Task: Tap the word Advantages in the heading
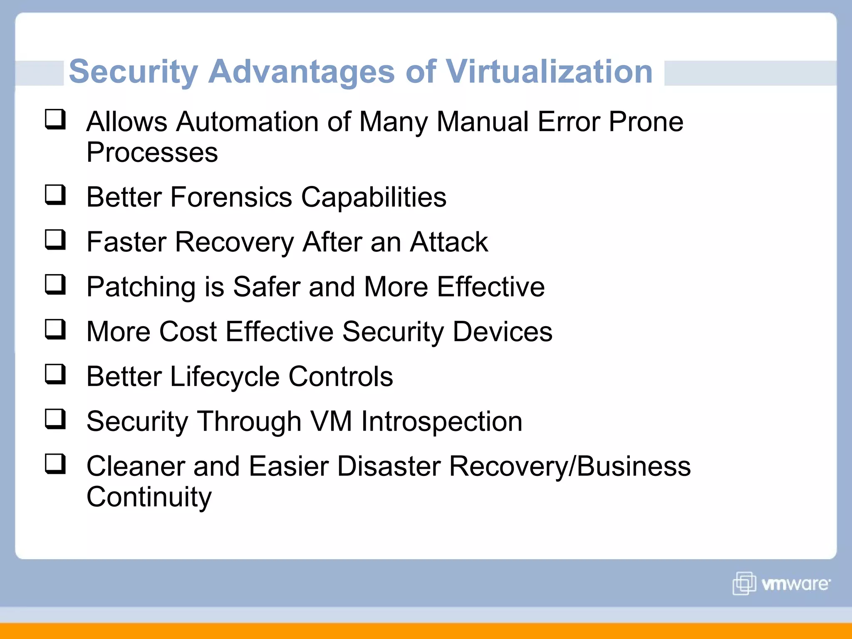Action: pos(301,72)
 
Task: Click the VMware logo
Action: pos(781,583)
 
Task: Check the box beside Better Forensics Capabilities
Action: pos(55,195)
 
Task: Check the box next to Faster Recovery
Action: pos(55,240)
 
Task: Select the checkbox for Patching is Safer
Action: pos(55,285)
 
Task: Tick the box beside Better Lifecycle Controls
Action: pos(55,374)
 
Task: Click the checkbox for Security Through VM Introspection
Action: pos(55,419)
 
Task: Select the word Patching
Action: pos(141,288)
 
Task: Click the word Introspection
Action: pos(441,422)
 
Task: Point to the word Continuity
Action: pos(149,497)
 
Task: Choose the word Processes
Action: pos(152,152)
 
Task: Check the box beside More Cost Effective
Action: pos(55,329)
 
